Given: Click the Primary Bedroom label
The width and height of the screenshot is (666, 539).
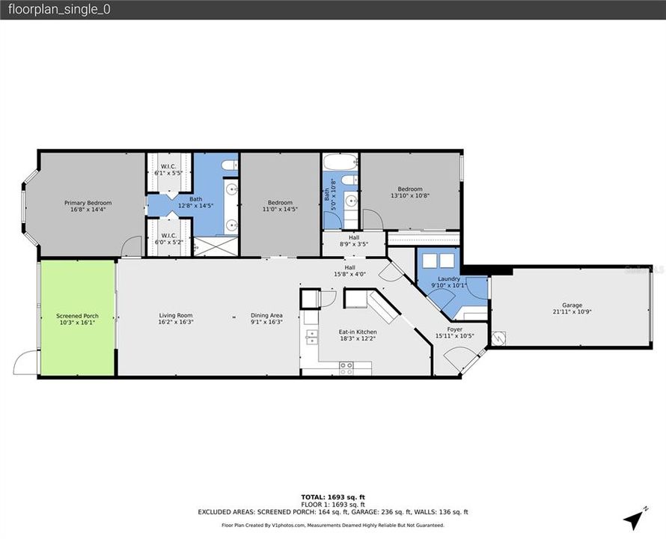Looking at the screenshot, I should pyautogui.click(x=88, y=203).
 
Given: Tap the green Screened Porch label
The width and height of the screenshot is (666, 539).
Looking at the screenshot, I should pyautogui.click(x=77, y=316).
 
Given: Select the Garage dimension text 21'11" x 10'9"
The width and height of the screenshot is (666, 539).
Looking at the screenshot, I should pyautogui.click(x=572, y=312).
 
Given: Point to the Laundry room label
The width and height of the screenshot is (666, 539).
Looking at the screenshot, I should pyautogui.click(x=448, y=278).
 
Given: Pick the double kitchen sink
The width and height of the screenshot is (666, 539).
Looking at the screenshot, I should pyautogui.click(x=311, y=339).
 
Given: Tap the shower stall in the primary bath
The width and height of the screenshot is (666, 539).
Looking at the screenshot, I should pyautogui.click(x=217, y=245).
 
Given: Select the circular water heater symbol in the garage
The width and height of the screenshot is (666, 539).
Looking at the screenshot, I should pyautogui.click(x=499, y=338).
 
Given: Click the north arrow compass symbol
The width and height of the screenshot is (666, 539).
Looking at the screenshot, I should pyautogui.click(x=634, y=517).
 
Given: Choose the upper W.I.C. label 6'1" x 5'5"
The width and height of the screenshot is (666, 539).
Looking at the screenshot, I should pyautogui.click(x=168, y=169).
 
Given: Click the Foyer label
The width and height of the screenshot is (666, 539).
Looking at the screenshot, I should pyautogui.click(x=454, y=329).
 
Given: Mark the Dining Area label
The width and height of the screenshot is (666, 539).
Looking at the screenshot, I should pyautogui.click(x=266, y=315).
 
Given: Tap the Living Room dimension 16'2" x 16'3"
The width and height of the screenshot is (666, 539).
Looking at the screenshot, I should pyautogui.click(x=175, y=322).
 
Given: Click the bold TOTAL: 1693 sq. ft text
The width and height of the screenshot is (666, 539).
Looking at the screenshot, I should pyautogui.click(x=332, y=497).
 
